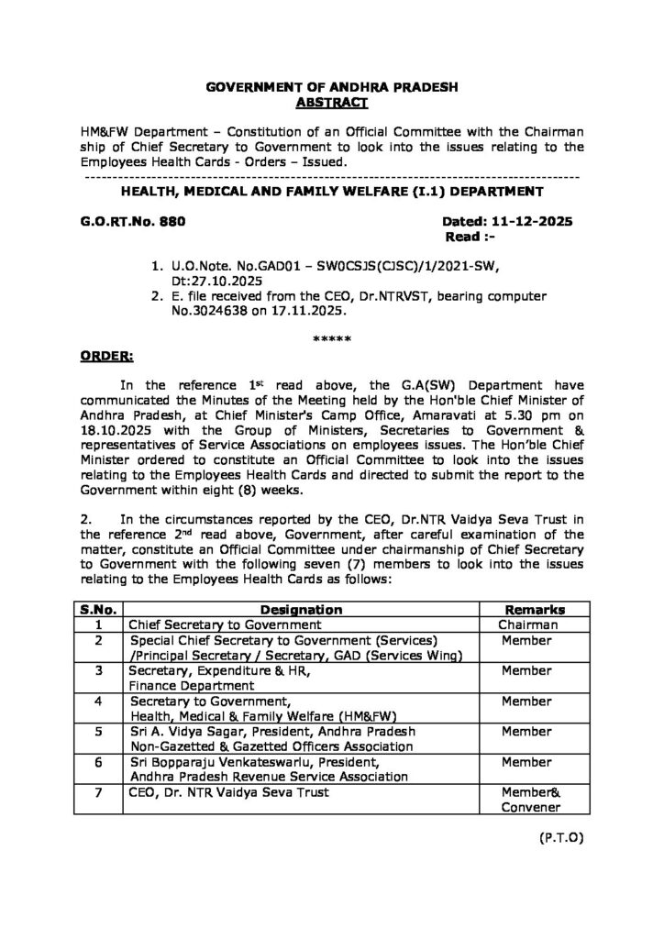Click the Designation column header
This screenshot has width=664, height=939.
click(301, 610)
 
